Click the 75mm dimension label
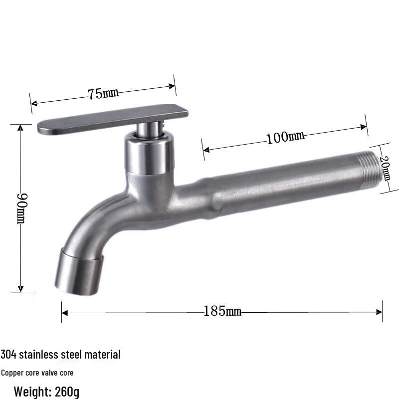point(103,93)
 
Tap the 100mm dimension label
point(285,137)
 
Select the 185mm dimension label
point(222,311)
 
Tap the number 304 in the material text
point(8,355)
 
